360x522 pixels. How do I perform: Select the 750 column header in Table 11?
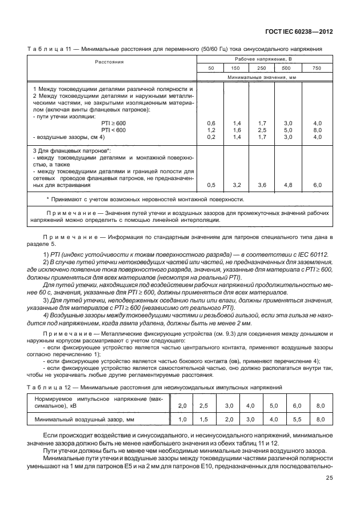[x=318, y=68]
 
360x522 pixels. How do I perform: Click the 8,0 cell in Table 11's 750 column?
[x=318, y=130]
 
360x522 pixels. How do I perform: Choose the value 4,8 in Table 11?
[x=288, y=185]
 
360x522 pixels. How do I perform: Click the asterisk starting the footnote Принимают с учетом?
[x=47, y=199]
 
